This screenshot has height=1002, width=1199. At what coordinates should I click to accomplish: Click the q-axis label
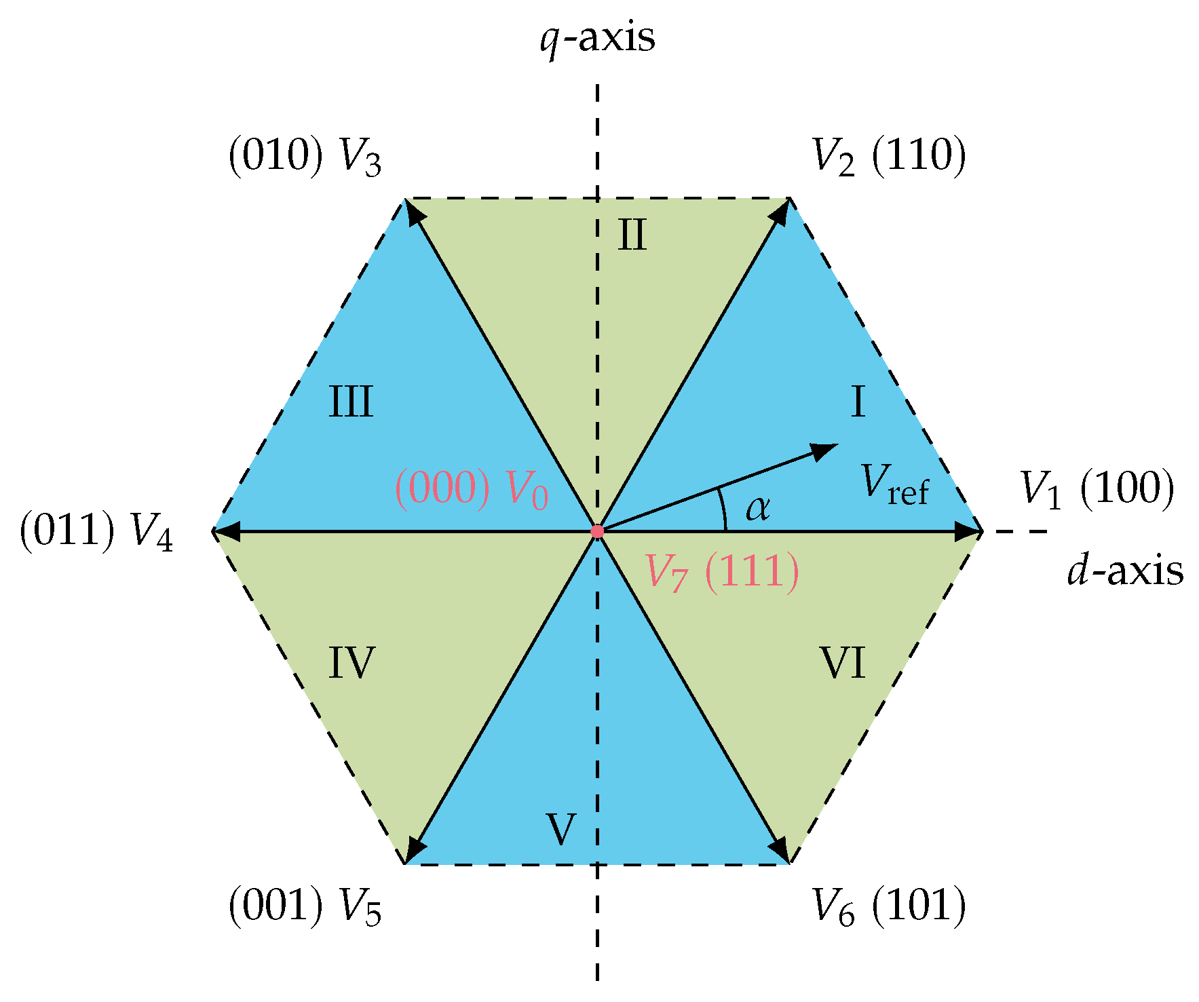tap(597, 38)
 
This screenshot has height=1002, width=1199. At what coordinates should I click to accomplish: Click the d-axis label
tap(1125, 571)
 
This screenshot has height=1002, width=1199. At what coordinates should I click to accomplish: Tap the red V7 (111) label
tap(721, 571)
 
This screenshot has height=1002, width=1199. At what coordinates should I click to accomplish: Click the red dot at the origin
tap(597, 531)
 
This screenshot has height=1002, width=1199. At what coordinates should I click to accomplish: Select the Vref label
tap(894, 484)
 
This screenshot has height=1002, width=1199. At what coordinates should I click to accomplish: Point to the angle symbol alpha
tap(757, 507)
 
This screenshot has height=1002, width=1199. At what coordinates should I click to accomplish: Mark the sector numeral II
tap(632, 235)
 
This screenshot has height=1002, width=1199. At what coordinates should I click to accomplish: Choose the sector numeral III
tap(351, 402)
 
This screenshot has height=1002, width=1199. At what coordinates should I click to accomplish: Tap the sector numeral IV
tap(351, 663)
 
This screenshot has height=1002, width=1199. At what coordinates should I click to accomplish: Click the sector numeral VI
tap(843, 663)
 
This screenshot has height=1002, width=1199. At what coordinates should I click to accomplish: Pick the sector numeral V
tap(561, 829)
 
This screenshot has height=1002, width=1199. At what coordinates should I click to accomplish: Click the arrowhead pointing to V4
tap(226, 531)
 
